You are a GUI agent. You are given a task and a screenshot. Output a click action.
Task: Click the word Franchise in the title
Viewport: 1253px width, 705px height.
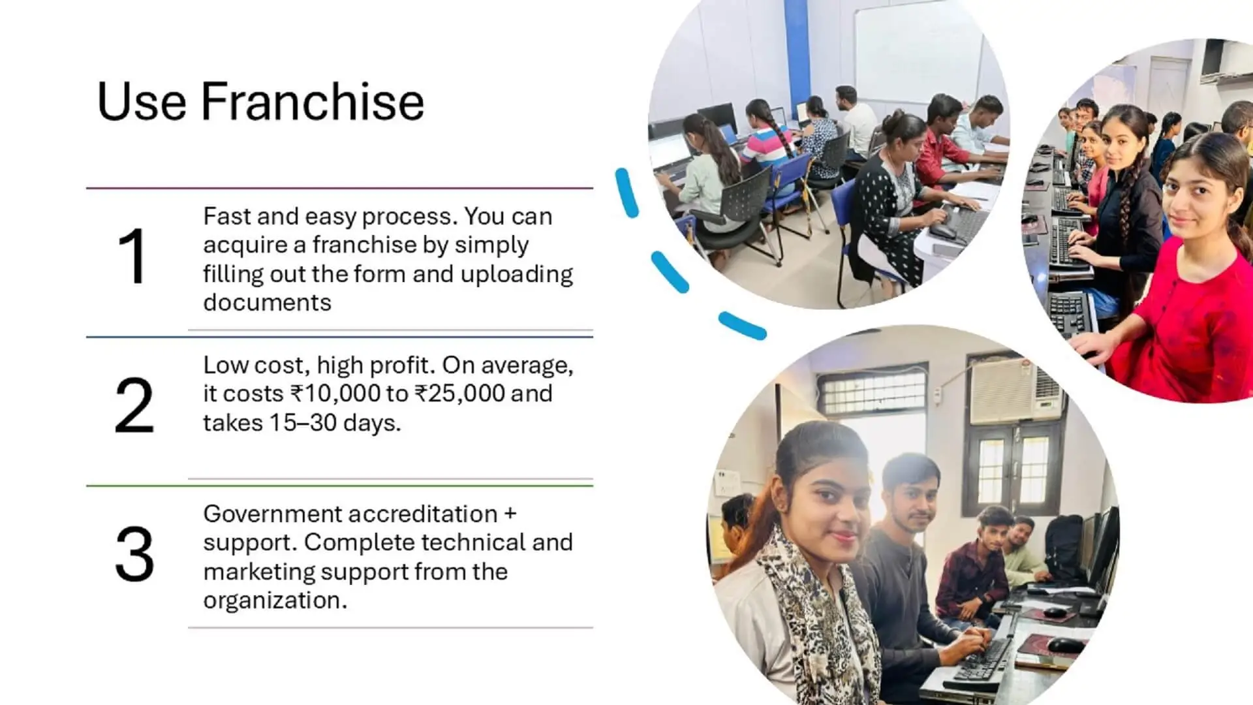click(312, 102)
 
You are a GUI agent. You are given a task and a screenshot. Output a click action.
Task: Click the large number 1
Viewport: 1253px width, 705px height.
click(132, 257)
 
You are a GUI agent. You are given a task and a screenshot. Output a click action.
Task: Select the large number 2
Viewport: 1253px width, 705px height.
click(134, 405)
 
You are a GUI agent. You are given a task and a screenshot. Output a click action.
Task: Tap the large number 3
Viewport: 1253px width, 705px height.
click(134, 555)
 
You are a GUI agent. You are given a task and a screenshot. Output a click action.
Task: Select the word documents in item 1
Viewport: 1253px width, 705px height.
click(267, 303)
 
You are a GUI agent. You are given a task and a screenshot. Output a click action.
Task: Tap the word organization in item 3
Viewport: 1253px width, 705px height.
click(275, 601)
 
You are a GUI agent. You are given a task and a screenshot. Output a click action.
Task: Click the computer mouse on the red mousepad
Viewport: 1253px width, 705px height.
click(1065, 645)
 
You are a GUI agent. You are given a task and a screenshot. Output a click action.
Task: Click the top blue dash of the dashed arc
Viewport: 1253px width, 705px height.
click(626, 193)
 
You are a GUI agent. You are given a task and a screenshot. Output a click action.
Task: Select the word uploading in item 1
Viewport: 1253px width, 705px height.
click(516, 274)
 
